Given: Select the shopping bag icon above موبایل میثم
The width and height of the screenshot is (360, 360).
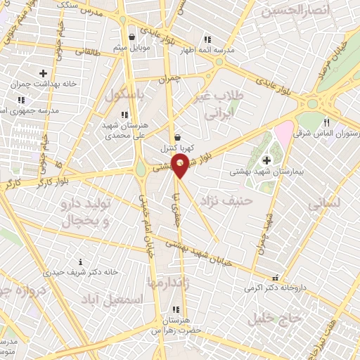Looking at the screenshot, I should pyautogui.click(x=131, y=37).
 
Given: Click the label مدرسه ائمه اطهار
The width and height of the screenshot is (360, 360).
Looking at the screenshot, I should pyautogui.click(x=207, y=51).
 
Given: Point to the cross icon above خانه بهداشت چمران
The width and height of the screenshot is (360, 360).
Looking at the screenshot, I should pyautogui.click(x=44, y=72).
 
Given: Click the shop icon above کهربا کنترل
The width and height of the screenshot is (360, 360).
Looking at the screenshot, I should pyautogui.click(x=176, y=137).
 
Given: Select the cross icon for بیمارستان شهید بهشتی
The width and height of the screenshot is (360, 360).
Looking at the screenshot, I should pyautogui.click(x=266, y=160).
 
